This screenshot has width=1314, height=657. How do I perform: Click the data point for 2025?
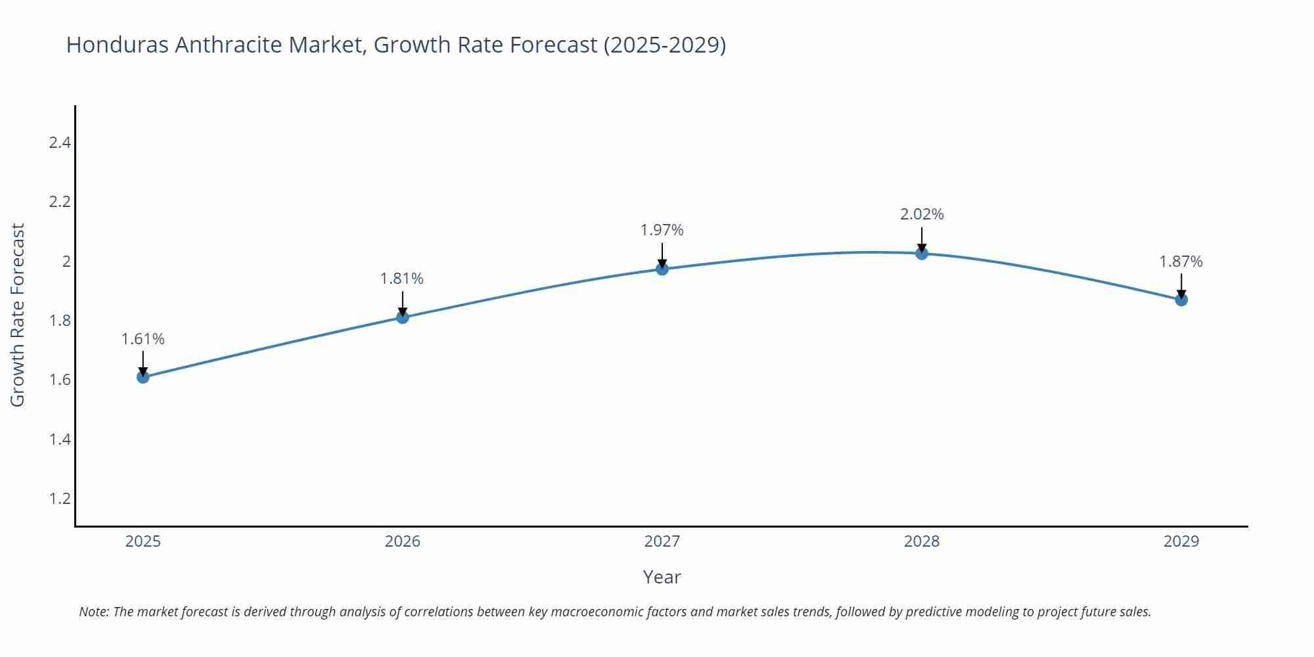[x=143, y=376]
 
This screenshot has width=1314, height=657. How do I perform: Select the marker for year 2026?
[x=403, y=317]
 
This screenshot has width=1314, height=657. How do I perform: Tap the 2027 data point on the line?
[x=662, y=269]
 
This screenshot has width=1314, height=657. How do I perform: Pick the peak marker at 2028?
[x=922, y=254]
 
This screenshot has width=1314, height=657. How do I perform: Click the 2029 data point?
[x=1181, y=300]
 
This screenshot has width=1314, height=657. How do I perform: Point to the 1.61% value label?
[x=143, y=339]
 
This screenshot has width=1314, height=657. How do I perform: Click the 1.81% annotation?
[x=402, y=279]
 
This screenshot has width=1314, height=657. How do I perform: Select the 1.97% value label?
[x=662, y=230]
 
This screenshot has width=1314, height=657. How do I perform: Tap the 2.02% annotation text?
[x=922, y=214]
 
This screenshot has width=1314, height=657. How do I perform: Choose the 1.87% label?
[x=1181, y=261]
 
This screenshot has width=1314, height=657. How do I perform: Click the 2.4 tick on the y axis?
[x=60, y=143]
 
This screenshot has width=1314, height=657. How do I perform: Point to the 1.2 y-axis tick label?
[x=60, y=499]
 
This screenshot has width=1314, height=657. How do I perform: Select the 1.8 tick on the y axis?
[x=60, y=321]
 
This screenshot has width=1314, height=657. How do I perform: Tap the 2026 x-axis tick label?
[x=403, y=541]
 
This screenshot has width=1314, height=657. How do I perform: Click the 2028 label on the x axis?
[x=922, y=541]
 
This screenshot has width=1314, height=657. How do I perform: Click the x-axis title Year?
[x=662, y=577]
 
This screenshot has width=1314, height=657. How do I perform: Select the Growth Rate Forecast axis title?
[x=18, y=315]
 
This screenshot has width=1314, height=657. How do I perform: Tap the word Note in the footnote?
[x=93, y=612]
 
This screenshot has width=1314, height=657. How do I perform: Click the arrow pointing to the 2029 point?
[x=1181, y=286]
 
